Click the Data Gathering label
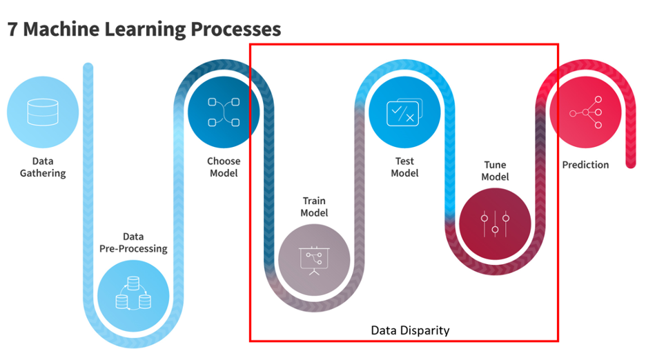(x=43, y=167)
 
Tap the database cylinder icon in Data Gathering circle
(x=42, y=112)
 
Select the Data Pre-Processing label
(x=133, y=243)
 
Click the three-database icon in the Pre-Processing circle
(x=133, y=293)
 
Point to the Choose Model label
(x=224, y=167)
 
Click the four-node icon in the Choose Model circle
(x=224, y=112)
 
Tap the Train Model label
(x=314, y=207)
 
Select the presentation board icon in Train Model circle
(x=314, y=261)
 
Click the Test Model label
(x=404, y=167)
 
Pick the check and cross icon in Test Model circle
(x=404, y=112)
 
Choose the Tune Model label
(x=495, y=170)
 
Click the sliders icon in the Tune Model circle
(x=495, y=223)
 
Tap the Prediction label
(x=585, y=165)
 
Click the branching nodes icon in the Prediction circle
(x=585, y=112)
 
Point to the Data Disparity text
(x=410, y=330)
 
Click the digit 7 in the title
(x=13, y=30)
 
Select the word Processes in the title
(x=235, y=30)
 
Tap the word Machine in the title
(x=61, y=30)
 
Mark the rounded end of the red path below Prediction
(x=631, y=163)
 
